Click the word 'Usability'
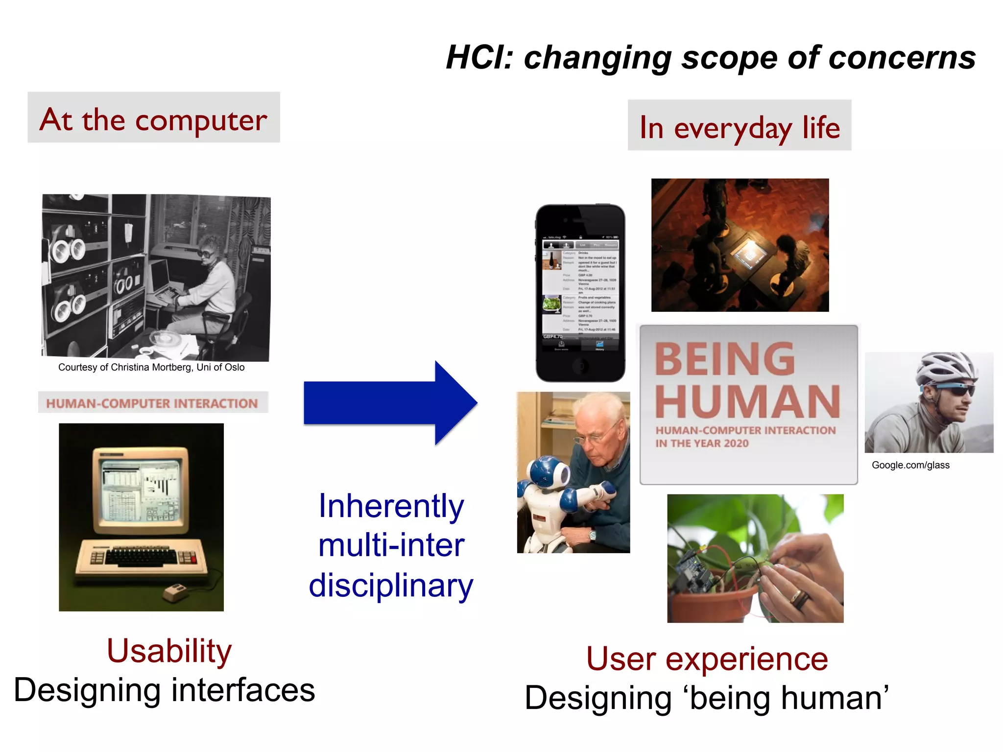pos(169,651)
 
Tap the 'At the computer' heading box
pos(154,118)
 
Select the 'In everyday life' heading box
pos(739,126)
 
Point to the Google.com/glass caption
pos(910,465)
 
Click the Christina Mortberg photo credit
pos(151,367)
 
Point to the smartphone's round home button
pos(580,365)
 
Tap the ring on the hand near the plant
pos(800,598)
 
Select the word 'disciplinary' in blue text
pos(391,586)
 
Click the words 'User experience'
pos(707,659)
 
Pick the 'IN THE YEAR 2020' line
pos(701,444)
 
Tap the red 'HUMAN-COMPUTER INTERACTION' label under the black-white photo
pos(152,403)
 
